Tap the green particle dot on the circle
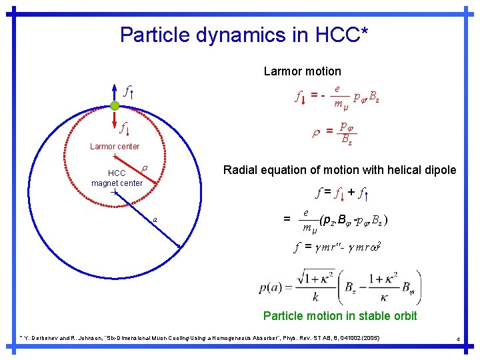pos(115,107)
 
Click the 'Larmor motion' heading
pos(302,71)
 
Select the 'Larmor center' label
pos(115,147)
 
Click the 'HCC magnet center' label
pos(117,178)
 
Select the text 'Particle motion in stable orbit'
pos(340,316)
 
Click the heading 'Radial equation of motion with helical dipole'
pos(340,171)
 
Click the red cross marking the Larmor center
pos(115,157)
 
